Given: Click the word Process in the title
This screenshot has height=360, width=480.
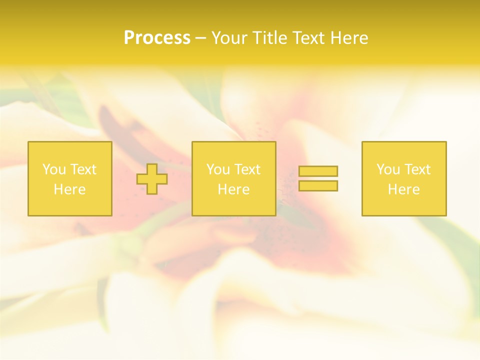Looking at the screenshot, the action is tap(157, 38).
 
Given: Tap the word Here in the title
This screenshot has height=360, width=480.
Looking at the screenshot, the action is tap(349, 38).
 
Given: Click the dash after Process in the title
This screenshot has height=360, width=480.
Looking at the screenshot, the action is tap(200, 38).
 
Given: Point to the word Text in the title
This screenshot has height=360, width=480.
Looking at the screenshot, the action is tap(309, 38).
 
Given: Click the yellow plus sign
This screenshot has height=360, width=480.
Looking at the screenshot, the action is tap(152, 178).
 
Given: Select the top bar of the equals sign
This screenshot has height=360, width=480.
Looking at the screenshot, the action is tap(318, 171).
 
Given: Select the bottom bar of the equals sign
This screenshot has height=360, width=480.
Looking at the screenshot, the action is tap(318, 186).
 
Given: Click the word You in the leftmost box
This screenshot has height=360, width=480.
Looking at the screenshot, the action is tap(54, 169).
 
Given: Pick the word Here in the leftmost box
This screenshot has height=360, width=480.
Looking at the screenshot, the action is tap(69, 189).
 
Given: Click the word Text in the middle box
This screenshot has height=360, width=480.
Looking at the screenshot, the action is tap(247, 169).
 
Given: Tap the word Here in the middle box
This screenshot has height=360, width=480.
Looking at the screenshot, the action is tap(233, 189).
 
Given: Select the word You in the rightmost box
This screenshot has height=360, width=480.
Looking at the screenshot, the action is tap(388, 169).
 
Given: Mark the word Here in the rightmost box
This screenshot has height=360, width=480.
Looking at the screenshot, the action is tap(403, 189).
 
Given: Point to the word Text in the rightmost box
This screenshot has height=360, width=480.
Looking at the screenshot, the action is tap(417, 169).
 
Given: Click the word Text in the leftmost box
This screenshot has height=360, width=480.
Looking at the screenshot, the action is tap(83, 169).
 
